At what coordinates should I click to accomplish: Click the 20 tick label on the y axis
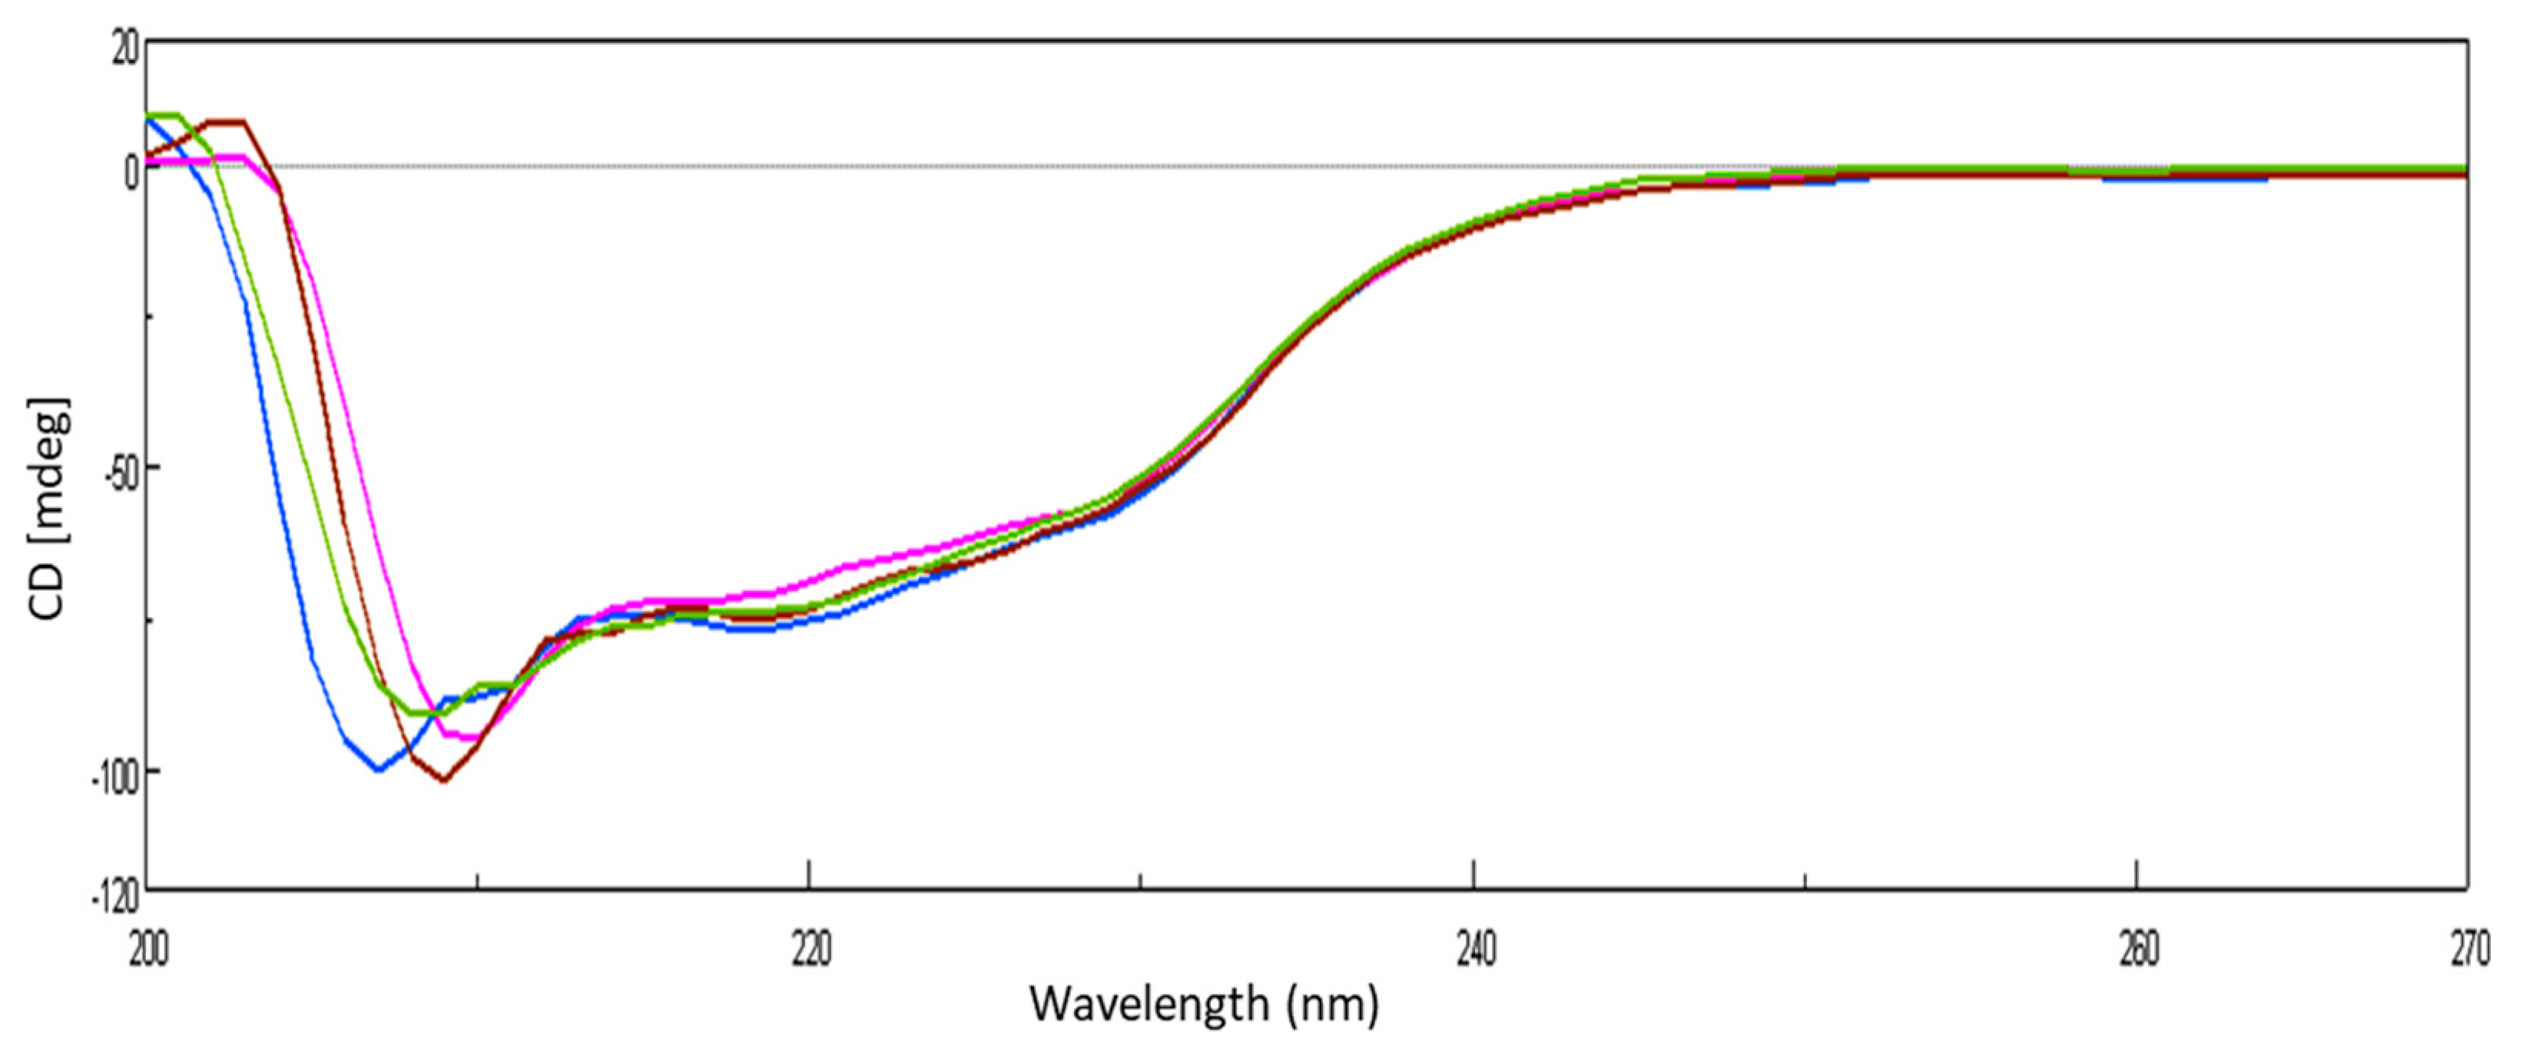(x=125, y=47)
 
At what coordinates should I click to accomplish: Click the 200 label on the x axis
(x=148, y=950)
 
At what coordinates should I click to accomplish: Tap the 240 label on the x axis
(x=1475, y=950)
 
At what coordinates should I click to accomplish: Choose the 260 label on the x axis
(x=2138, y=950)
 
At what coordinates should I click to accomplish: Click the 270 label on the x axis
(x=2469, y=950)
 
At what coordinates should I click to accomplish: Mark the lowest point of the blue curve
(x=378, y=769)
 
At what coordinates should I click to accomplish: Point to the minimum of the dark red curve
(x=444, y=781)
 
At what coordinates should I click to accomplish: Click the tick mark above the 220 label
(x=809, y=875)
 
